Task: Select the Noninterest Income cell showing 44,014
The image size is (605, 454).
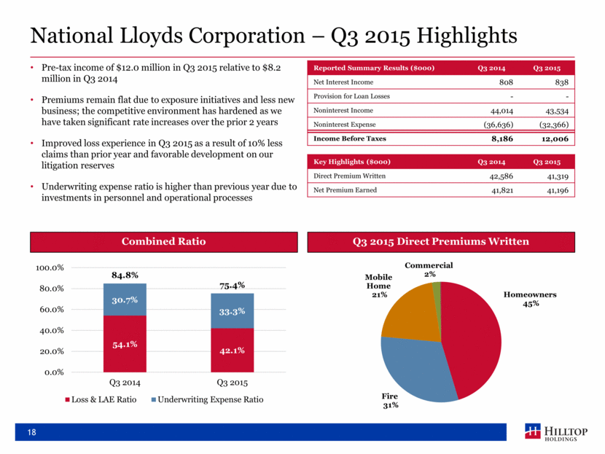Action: (497, 110)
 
